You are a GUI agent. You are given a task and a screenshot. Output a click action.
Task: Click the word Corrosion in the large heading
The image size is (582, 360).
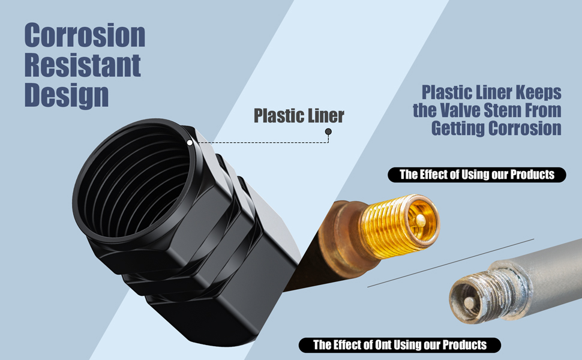click(85, 36)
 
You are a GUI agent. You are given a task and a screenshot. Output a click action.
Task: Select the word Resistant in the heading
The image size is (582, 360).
click(82, 65)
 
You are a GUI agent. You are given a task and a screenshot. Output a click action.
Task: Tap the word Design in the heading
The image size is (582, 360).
click(66, 95)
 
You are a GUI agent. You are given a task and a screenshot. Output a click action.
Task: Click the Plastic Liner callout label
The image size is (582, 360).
click(299, 115)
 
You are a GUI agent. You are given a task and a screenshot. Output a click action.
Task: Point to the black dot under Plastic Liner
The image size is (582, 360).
click(328, 131)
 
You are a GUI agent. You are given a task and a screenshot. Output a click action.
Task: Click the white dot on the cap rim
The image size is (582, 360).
click(190, 143)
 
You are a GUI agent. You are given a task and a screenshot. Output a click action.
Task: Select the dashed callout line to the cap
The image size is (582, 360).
click(258, 143)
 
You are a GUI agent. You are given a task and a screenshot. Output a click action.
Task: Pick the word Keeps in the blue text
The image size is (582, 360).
click(540, 92)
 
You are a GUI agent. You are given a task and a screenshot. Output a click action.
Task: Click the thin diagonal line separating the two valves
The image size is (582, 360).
click(450, 262)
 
